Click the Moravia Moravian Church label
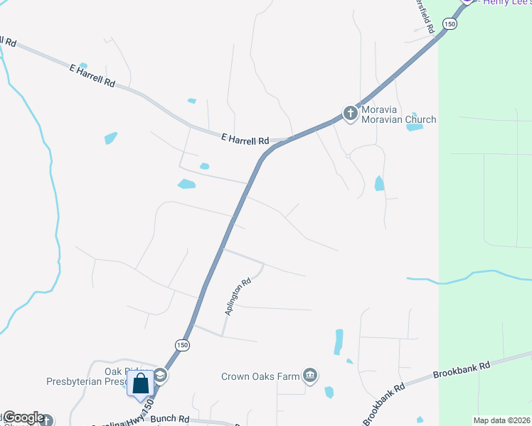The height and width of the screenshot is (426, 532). (x=398, y=114)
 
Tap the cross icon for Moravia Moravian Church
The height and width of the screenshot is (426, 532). (x=350, y=113)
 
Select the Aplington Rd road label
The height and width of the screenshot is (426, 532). (x=238, y=296)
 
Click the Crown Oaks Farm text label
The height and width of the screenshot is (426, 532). (x=260, y=376)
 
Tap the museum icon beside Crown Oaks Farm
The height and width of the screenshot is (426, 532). (x=309, y=375)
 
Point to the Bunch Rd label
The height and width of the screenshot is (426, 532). (x=169, y=419)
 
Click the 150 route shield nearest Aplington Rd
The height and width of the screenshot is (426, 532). (x=183, y=345)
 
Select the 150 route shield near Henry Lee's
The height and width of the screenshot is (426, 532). (x=449, y=23)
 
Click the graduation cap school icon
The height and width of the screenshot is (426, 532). (x=161, y=376)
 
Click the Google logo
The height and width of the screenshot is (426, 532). (x=23, y=418)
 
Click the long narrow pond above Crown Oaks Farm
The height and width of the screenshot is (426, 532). (x=339, y=342)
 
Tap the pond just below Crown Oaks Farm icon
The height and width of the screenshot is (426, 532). (x=329, y=392)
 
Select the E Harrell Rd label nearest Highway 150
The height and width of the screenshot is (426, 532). (x=245, y=140)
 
